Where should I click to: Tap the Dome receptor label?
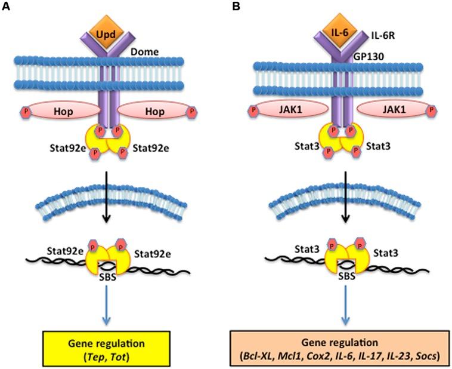click(145, 52)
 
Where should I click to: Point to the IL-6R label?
click(382, 35)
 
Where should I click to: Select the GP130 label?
click(369, 57)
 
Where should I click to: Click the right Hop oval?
click(154, 110)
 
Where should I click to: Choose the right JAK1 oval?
click(394, 109)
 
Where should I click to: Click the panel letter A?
click(6, 6)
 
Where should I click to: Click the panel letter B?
click(236, 6)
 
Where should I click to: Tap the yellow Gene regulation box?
click(106, 349)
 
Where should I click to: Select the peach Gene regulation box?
click(339, 349)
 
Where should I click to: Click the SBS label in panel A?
click(107, 277)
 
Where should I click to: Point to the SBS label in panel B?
click(346, 276)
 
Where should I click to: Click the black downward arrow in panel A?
click(107, 197)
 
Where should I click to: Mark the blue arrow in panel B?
click(346, 305)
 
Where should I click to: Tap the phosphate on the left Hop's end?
click(26, 111)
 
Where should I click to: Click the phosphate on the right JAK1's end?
click(432, 110)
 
